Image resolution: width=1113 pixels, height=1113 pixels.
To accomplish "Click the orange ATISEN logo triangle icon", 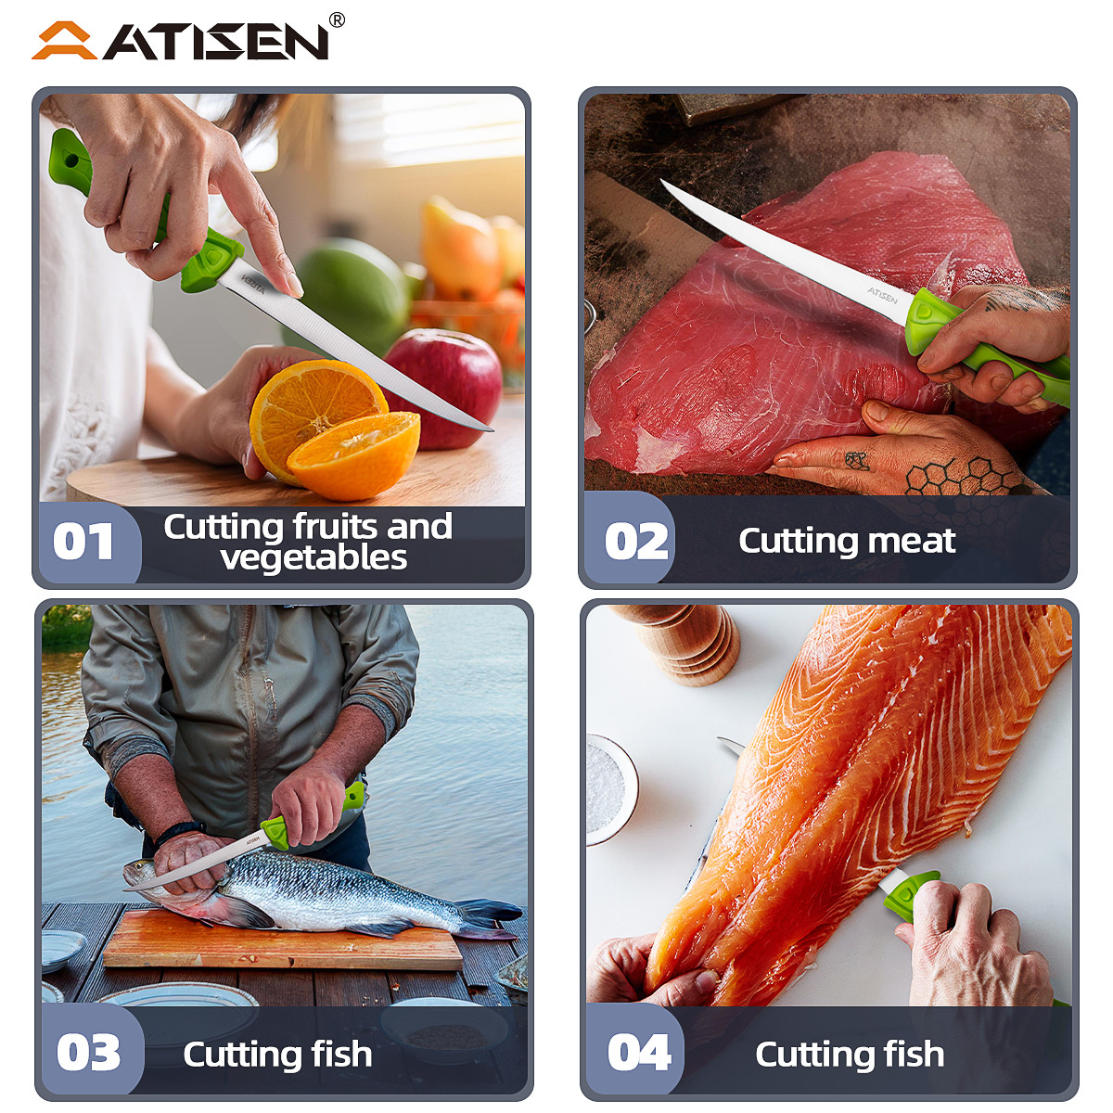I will pos(63,42).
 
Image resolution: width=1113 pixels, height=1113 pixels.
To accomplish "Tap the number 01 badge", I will pos(83,543).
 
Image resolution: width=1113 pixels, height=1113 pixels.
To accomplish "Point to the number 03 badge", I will pos(88,1054).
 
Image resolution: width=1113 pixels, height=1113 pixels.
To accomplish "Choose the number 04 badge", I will pos(639,1054).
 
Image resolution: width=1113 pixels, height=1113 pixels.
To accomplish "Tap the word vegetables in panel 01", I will pos(313,557).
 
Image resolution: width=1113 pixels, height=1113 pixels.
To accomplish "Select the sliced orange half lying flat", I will pos(355,454).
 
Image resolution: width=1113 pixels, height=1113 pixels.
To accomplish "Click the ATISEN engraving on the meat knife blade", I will pos(882,295).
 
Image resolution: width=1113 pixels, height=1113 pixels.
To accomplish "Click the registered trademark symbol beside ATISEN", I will pos(337,20).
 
